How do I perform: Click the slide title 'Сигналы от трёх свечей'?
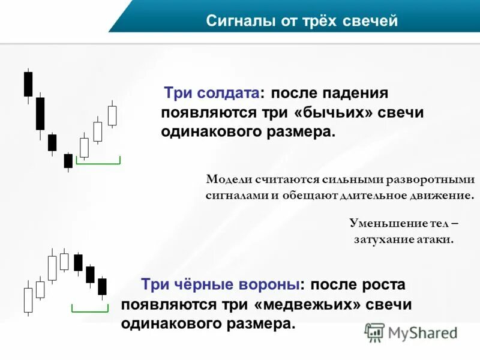coord(302,22)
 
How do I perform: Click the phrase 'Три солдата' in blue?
coord(212,94)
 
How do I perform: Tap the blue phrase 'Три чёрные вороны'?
coord(220,284)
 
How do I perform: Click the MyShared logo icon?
coord(374,332)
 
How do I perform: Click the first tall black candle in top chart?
coord(28,84)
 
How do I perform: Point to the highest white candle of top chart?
coord(112,115)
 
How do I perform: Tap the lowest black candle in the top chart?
coord(68,161)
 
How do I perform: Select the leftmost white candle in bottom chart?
coord(28,299)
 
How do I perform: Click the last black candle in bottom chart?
coord(102,286)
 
